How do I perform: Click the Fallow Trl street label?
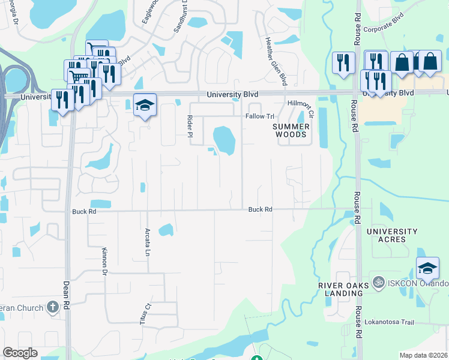tap(259, 116)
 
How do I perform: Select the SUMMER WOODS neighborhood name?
tap(291, 131)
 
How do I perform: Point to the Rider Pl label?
tap(190, 126)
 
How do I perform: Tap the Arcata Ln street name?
tap(147, 242)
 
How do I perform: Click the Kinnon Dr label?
tap(104, 262)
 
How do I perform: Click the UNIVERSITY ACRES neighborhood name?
tap(392, 235)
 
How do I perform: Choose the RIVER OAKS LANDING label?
tap(340, 289)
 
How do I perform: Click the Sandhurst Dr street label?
tap(185, 15)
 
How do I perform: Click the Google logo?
tap(19, 353)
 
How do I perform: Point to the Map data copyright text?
tap(424, 355)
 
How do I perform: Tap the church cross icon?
tap(52, 308)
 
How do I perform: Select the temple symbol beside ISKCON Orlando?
tap(378, 281)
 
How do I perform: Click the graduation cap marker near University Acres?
tap(427, 268)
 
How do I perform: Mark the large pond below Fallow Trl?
tap(224, 140)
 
